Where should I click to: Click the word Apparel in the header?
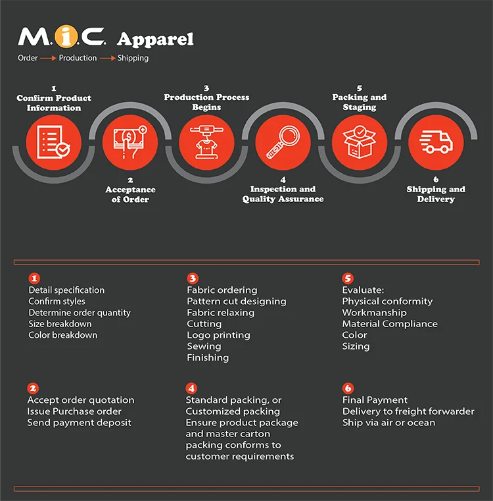pyautogui.click(x=155, y=39)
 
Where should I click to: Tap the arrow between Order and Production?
pyautogui.click(x=48, y=59)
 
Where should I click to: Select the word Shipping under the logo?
pyautogui.click(x=133, y=58)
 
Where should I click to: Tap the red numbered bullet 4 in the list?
pyautogui.click(x=191, y=388)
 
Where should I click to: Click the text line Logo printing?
pyautogui.click(x=218, y=335)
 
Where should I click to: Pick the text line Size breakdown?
pyautogui.click(x=60, y=324)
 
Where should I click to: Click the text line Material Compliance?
pyautogui.click(x=390, y=324)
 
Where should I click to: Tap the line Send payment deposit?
pyautogui.click(x=79, y=423)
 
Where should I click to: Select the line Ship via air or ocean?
pyautogui.click(x=388, y=423)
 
